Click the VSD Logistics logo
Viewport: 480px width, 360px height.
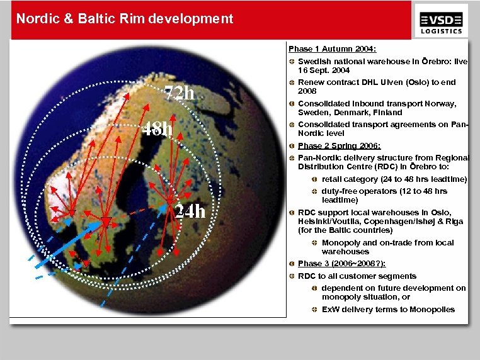click(441, 20)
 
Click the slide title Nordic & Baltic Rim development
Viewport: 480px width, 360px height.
click(125, 19)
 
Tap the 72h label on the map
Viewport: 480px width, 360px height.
click(180, 93)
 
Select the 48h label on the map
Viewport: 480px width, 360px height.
click(157, 130)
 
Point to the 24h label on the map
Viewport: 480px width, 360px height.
click(190, 211)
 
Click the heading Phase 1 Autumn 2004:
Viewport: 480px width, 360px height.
click(333, 48)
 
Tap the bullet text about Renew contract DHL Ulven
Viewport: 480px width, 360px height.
click(377, 82)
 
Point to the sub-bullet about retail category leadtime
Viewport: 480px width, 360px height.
click(394, 179)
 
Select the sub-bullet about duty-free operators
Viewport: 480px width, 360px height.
click(384, 191)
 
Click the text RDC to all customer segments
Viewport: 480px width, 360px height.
click(357, 276)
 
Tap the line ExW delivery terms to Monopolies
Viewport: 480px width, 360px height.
click(388, 309)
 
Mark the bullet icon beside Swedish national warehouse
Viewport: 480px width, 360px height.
click(292, 62)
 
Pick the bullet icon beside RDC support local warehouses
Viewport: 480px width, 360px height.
click(292, 213)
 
